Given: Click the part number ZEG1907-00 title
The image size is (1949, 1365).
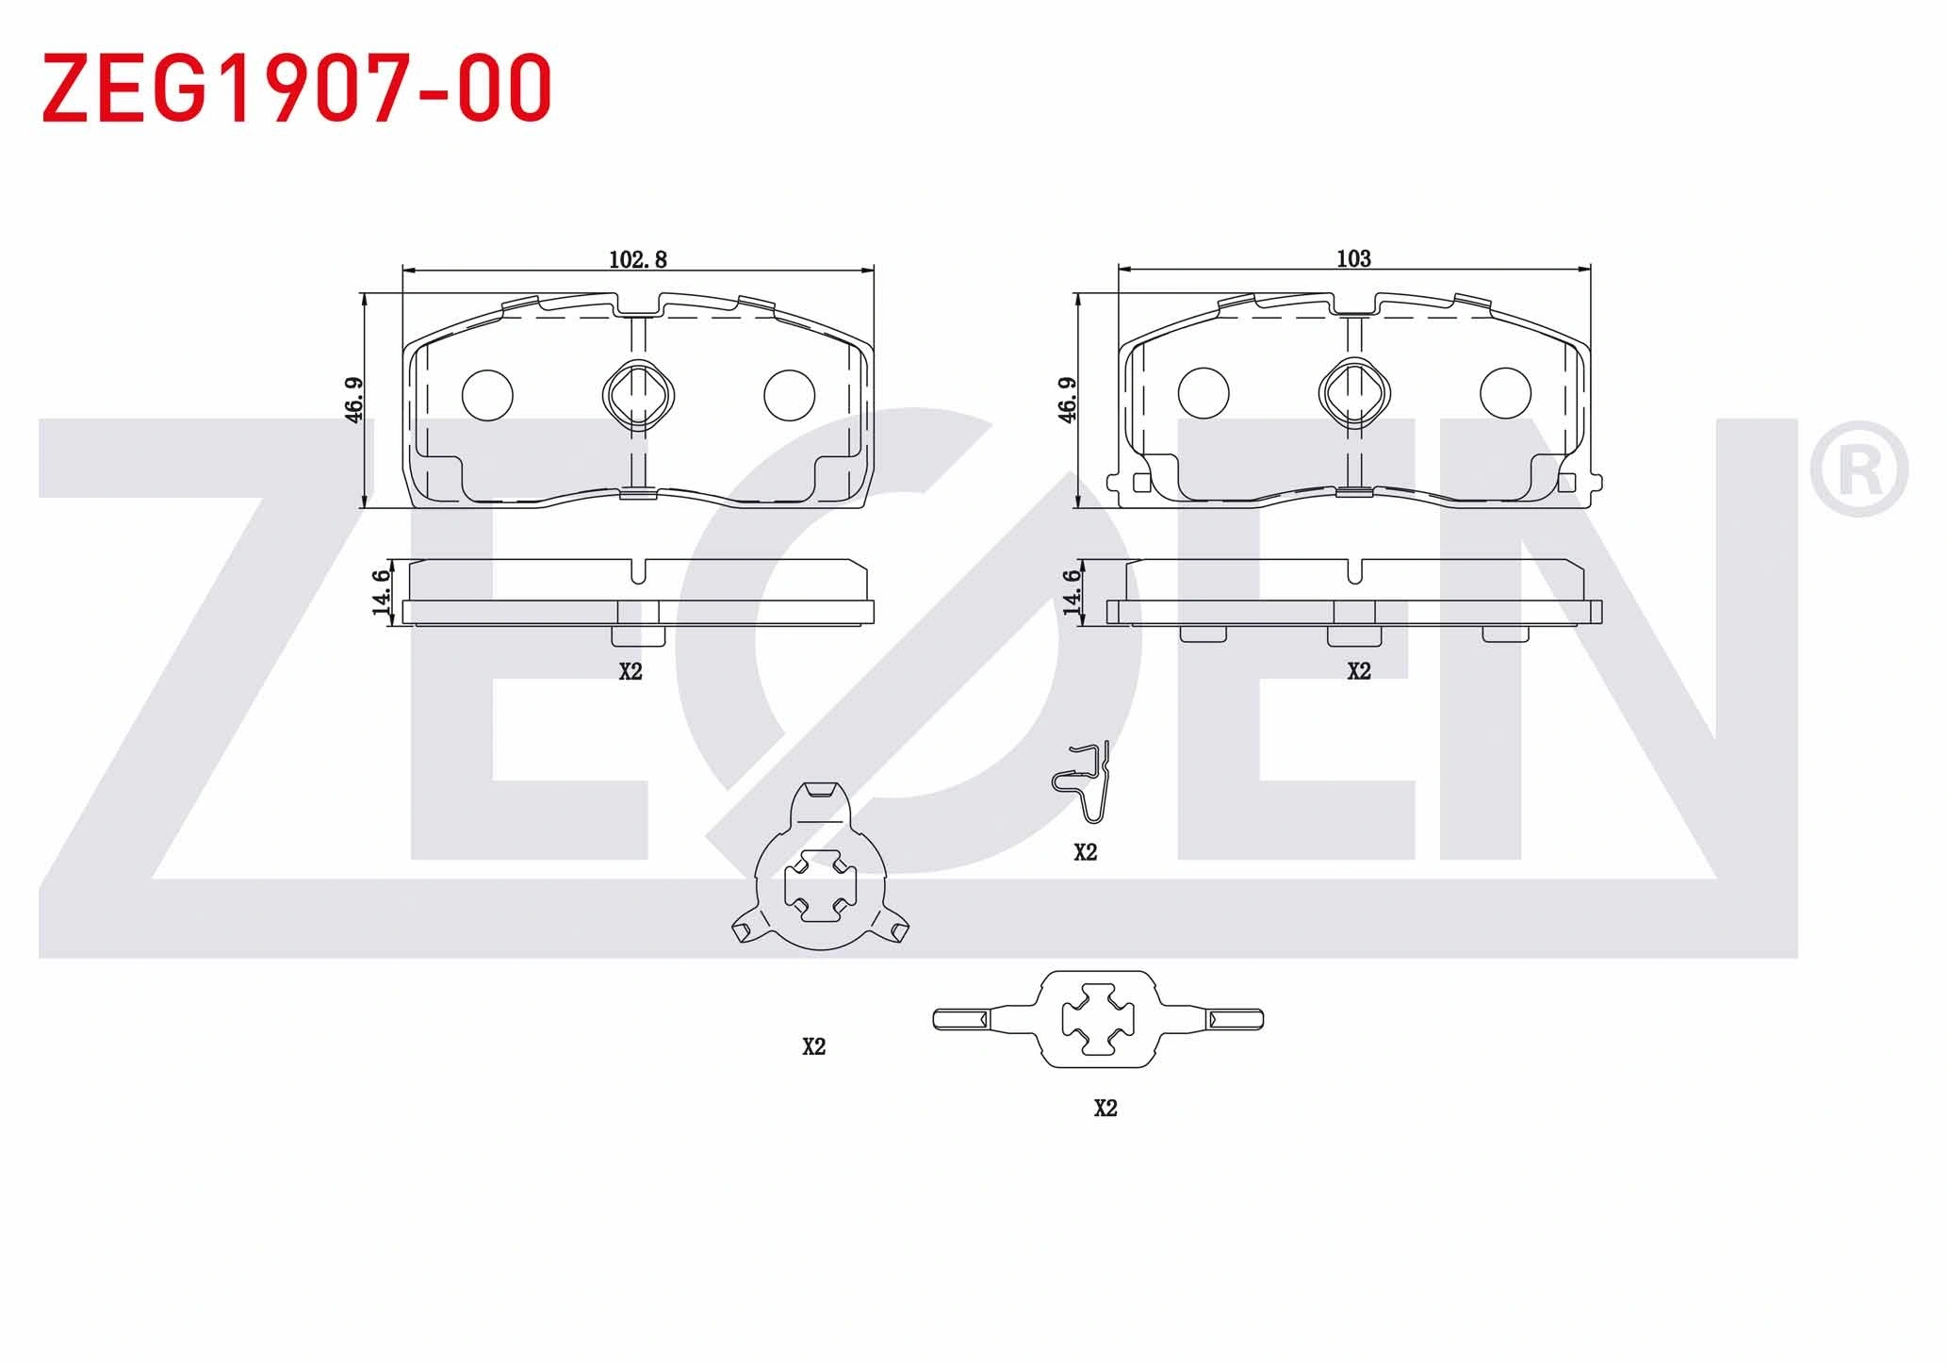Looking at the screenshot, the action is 297,88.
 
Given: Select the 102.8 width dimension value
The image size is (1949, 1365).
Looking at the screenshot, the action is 638,259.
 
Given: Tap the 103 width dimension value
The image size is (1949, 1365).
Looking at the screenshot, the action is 1353,258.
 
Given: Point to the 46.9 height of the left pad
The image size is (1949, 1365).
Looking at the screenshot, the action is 353,400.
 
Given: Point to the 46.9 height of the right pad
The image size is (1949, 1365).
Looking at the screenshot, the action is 1068,400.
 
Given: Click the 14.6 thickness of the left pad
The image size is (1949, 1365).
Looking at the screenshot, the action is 381,592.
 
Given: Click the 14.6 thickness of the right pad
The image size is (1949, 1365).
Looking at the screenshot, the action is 1072,592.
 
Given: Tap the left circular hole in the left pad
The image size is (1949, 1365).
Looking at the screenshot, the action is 487,394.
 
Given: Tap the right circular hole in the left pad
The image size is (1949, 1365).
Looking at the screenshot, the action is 789,394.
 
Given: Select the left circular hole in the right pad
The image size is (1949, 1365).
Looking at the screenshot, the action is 1204,393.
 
